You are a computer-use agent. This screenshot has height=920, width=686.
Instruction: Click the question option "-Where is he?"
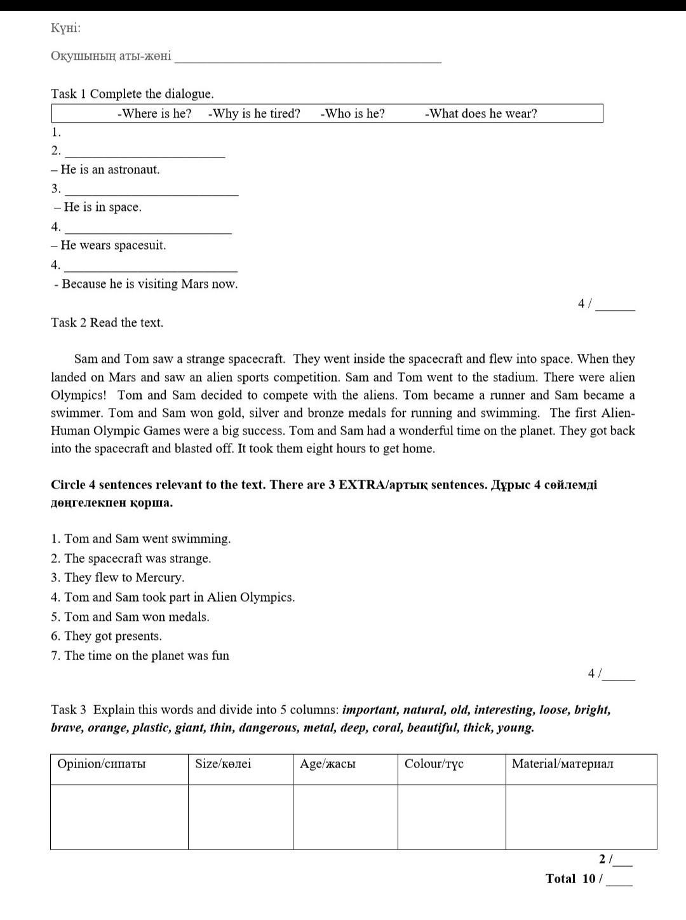point(154,114)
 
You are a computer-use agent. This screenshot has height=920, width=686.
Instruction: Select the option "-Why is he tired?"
point(254,114)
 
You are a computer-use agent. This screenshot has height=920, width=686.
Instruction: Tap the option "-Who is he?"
point(353,114)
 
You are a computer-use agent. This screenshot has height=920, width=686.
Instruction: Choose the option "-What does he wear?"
point(481,114)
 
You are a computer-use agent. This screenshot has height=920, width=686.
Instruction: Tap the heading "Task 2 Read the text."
point(107,323)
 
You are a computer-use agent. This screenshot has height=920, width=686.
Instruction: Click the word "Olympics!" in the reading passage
point(79,395)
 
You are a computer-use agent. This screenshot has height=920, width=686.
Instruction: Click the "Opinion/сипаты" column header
point(102,764)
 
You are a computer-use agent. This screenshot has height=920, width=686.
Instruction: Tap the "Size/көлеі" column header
point(223,764)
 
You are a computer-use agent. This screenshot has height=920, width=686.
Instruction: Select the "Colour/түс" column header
point(434,764)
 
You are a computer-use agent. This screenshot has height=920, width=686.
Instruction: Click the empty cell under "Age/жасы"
point(345,816)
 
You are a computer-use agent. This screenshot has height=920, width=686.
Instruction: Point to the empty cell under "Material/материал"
point(581,816)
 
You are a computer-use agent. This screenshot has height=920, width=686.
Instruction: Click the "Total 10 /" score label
point(574,879)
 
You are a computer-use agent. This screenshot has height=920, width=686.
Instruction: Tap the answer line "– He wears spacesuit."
point(109,245)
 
